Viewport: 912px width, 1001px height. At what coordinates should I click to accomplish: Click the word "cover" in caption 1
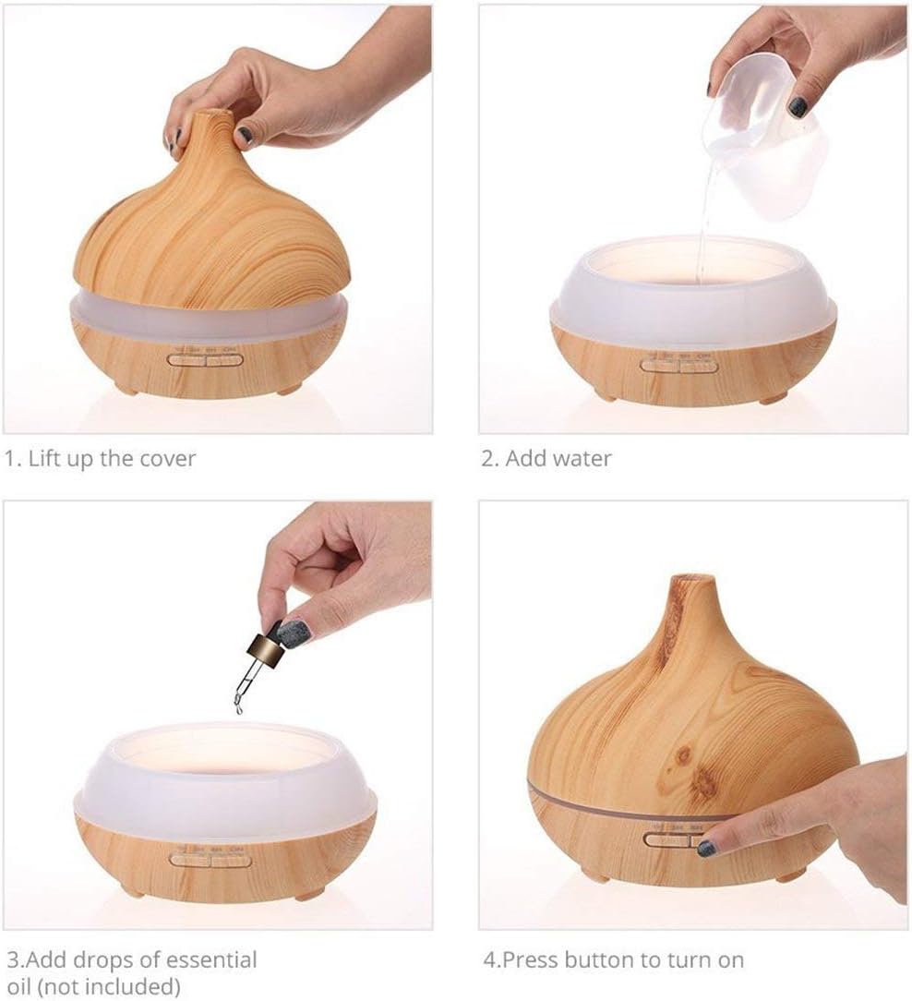[x=168, y=459]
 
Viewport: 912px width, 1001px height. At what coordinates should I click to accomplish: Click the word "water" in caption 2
[x=581, y=459]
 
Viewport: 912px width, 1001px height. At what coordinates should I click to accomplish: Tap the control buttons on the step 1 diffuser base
[x=205, y=359]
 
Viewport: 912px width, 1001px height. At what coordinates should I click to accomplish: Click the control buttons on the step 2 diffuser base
[x=679, y=365]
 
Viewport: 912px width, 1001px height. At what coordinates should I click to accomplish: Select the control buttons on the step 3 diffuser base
[x=210, y=860]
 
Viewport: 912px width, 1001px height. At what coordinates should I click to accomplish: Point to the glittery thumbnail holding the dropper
[x=294, y=633]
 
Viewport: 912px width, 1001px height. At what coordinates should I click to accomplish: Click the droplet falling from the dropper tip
[x=238, y=708]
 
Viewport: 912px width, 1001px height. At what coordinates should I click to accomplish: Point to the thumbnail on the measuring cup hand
[x=798, y=106]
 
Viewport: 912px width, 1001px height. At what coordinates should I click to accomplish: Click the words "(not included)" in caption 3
[x=92, y=985]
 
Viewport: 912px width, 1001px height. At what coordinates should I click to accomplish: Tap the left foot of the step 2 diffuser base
[x=605, y=396]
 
